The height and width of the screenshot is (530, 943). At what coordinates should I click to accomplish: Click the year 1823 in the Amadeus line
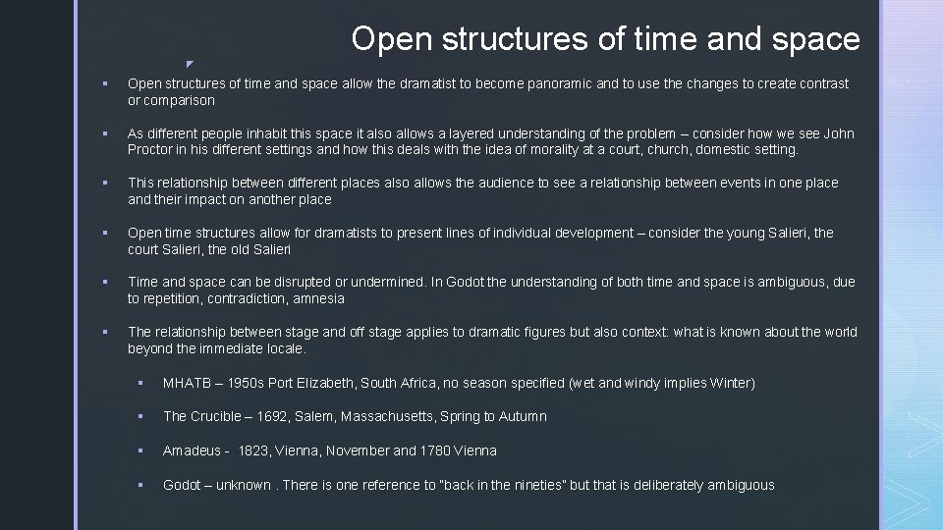click(x=254, y=450)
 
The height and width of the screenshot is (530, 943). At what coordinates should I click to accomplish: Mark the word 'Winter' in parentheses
click(x=729, y=383)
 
